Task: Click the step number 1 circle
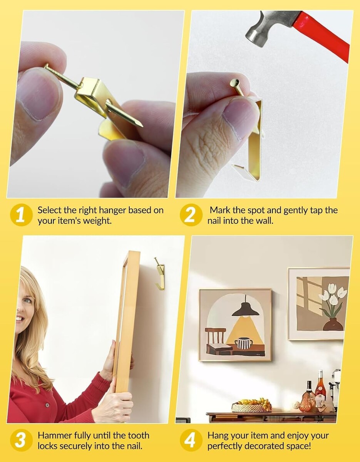(x=21, y=215)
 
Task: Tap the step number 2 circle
(x=191, y=215)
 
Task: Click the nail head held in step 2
(x=234, y=82)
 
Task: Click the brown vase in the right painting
(x=333, y=324)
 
